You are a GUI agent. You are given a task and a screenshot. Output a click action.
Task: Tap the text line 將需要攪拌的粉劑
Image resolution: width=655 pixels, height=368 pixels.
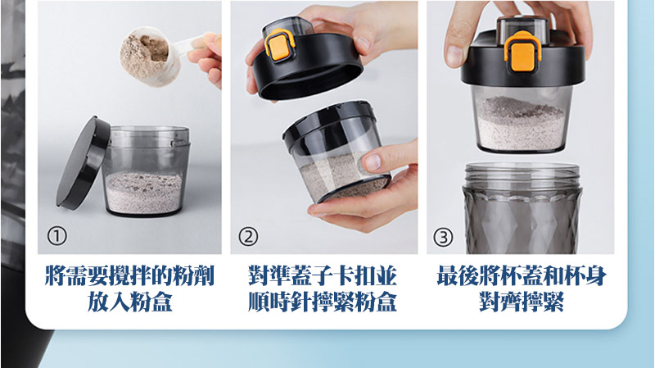pyautogui.click(x=129, y=276)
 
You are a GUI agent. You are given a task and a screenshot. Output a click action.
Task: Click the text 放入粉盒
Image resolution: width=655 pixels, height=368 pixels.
pyautogui.click(x=129, y=302)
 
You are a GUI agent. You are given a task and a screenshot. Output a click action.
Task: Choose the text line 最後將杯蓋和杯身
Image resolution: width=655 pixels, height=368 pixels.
pyautogui.click(x=522, y=276)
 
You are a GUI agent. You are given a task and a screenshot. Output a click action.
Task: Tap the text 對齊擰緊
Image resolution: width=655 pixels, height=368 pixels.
pyautogui.click(x=522, y=302)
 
